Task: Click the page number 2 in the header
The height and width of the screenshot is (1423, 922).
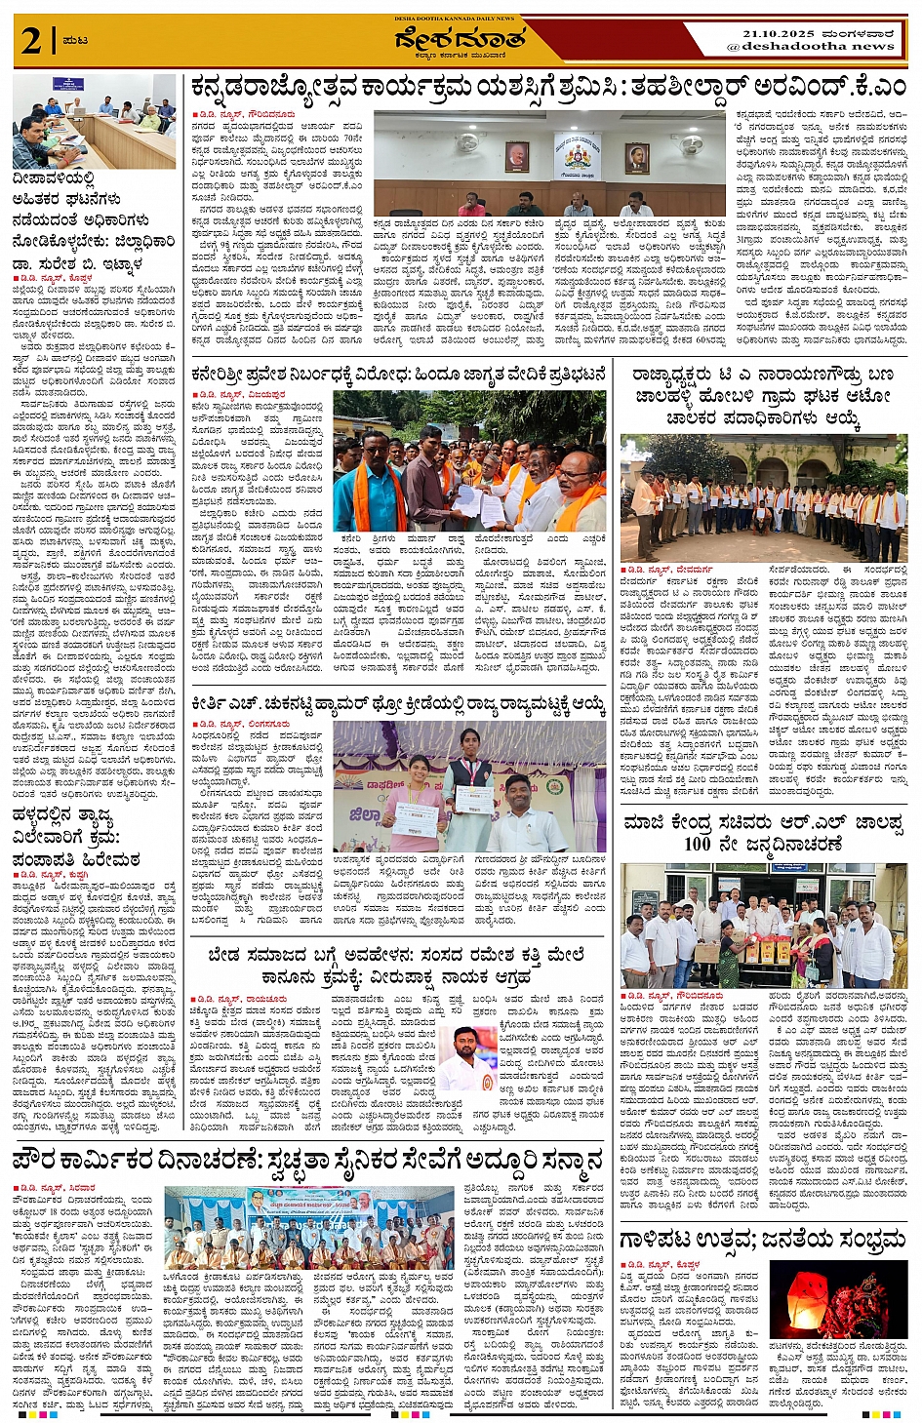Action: tap(31, 41)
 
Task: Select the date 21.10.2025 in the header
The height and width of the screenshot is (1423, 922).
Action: tap(776, 33)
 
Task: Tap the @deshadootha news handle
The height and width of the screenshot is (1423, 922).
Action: tap(810, 46)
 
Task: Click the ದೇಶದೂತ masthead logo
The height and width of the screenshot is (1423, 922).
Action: tap(460, 40)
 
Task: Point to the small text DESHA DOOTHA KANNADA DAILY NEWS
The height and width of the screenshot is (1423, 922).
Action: tap(454, 19)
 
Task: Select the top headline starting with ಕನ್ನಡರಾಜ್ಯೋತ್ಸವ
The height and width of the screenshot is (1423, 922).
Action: tap(547, 88)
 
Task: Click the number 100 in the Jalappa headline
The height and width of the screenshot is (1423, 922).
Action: tap(697, 844)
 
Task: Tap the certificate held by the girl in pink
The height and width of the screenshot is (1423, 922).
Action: tap(414, 817)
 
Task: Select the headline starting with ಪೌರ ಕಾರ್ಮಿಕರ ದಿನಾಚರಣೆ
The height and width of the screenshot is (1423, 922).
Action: tap(307, 1162)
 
